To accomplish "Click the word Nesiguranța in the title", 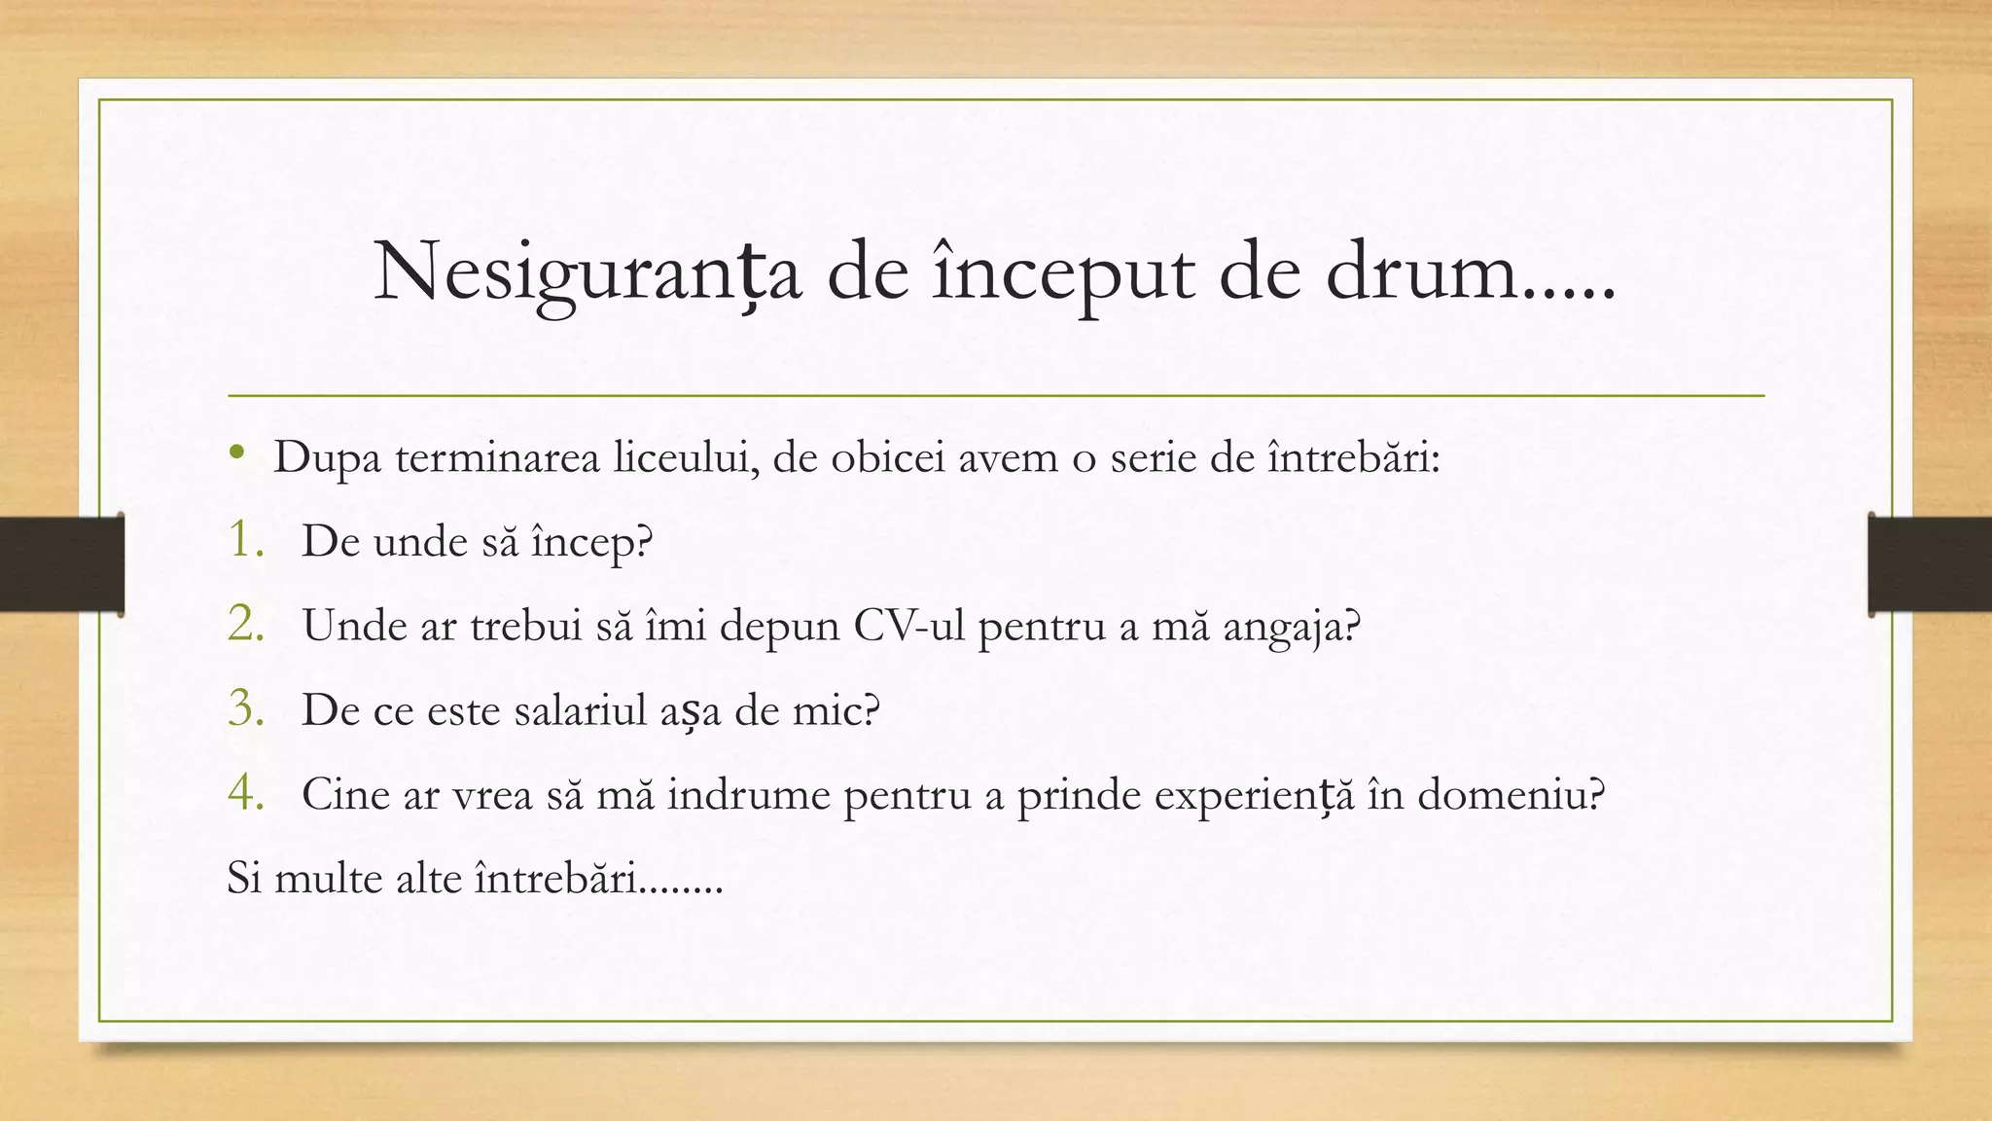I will (587, 273).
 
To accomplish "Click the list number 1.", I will (246, 540).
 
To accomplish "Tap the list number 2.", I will (246, 625).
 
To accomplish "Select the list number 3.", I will (246, 709).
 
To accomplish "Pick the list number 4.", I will (246, 794).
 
